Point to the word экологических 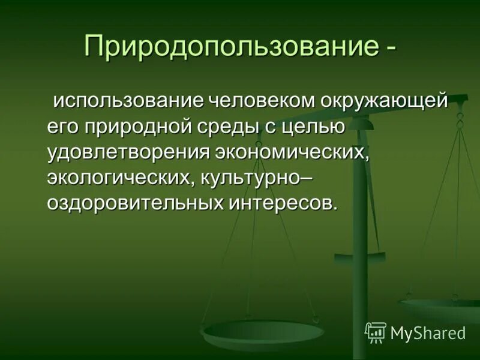122,178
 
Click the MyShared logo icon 376,332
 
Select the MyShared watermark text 428,333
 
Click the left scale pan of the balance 262,331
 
